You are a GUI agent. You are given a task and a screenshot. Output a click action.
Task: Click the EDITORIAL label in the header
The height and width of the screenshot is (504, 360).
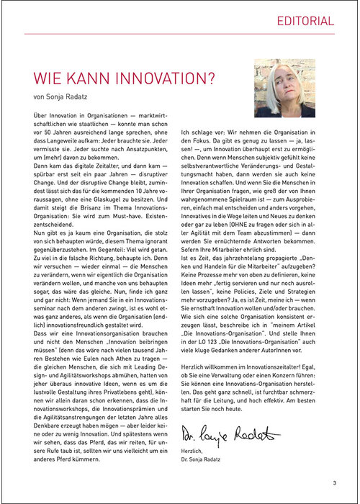(306, 21)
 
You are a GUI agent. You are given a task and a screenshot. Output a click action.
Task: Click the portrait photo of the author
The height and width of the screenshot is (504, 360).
(284, 88)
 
